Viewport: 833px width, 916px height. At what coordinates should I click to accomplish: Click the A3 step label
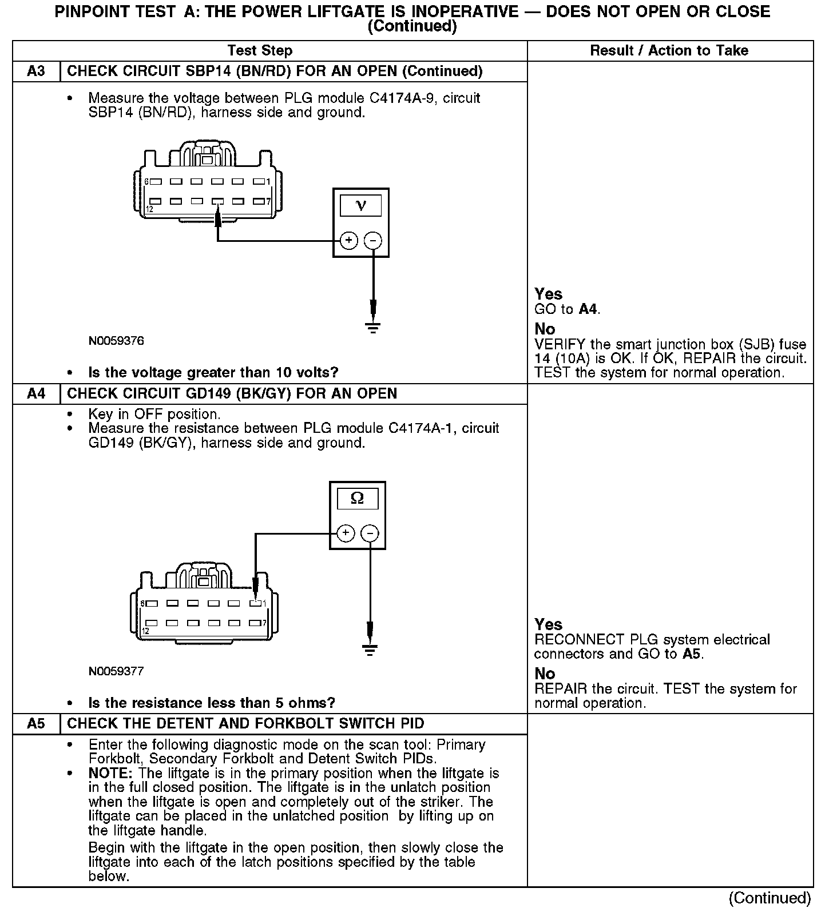tap(35, 71)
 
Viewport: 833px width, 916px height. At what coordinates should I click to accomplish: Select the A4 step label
tap(35, 394)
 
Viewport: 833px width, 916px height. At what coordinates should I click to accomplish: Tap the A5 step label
tap(35, 724)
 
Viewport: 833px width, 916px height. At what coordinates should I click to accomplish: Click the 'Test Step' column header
tap(260, 51)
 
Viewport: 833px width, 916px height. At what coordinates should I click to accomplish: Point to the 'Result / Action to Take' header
tap(669, 51)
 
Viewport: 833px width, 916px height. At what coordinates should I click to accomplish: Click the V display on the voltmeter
tap(360, 205)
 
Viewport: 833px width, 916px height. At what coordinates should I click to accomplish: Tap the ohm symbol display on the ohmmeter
tap(357, 499)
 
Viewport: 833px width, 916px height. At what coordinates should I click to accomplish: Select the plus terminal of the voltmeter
tap(349, 241)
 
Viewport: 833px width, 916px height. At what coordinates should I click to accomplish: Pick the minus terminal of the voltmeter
tap(373, 241)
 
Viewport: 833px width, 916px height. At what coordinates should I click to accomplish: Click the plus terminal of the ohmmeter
tap(346, 533)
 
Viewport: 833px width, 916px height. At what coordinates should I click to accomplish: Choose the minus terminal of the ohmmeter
tap(370, 533)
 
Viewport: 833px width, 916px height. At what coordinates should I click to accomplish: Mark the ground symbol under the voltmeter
tap(373, 328)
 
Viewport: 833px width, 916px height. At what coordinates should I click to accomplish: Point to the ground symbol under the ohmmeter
tap(370, 650)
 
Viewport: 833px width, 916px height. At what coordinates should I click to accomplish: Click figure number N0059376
tap(116, 341)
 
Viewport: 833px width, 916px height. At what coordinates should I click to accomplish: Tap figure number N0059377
tap(116, 671)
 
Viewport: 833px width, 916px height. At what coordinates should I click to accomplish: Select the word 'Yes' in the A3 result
tap(548, 294)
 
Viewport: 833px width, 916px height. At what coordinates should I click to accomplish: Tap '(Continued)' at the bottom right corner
tap(769, 898)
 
